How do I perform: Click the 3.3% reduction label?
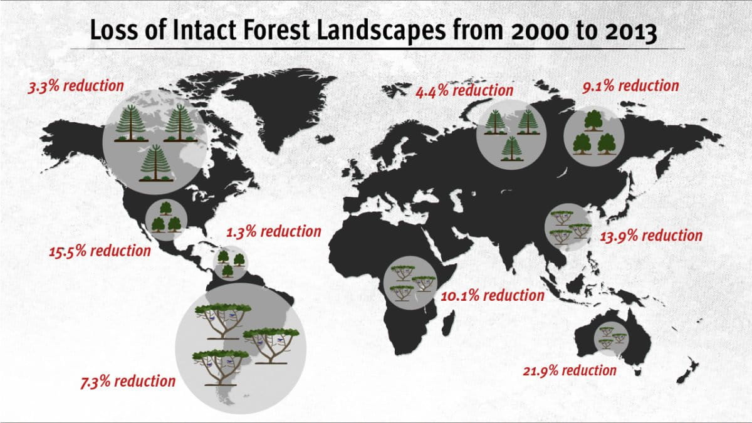pos(76,85)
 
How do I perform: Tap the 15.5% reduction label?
pos(100,251)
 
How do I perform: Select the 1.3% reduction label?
pos(274,231)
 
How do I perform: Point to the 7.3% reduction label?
pos(128,380)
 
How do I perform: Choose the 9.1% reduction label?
pos(630,86)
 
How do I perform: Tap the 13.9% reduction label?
pos(651,236)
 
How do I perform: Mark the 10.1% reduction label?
pos(493,295)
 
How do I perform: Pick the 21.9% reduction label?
pos(570,370)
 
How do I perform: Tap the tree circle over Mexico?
pos(165,219)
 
